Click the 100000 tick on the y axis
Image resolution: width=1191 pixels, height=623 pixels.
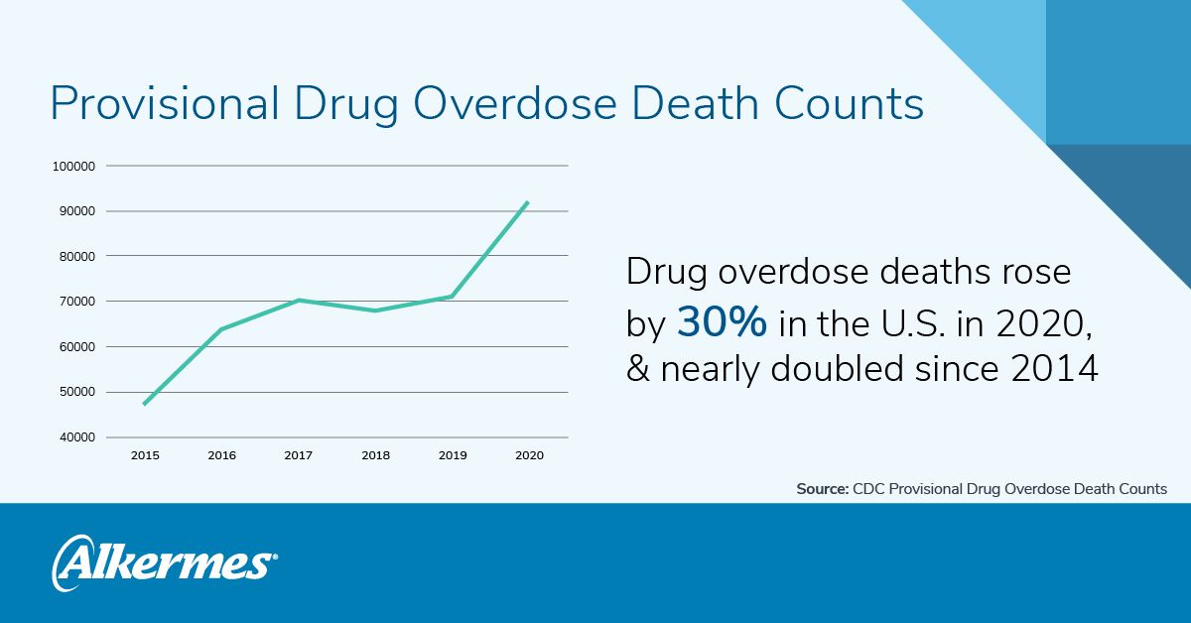pyautogui.click(x=73, y=166)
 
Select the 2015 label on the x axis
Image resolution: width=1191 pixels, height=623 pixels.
pyautogui.click(x=145, y=455)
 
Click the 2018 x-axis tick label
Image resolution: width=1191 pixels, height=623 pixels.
pyautogui.click(x=375, y=455)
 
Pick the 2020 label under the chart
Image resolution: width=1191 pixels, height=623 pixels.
pyautogui.click(x=529, y=455)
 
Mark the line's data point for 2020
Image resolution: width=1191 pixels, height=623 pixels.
pyautogui.click(x=528, y=202)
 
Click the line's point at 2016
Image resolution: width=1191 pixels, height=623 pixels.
pyautogui.click(x=221, y=328)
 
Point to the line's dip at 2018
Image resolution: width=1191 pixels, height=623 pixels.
pyautogui.click(x=375, y=311)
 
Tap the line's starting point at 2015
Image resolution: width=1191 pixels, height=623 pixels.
pyautogui.click(x=145, y=404)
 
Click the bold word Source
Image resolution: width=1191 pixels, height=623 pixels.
pyautogui.click(x=822, y=489)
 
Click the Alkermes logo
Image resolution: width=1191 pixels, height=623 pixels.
pyautogui.click(x=164, y=561)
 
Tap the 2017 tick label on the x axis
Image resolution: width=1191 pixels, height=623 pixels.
pyautogui.click(x=298, y=455)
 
